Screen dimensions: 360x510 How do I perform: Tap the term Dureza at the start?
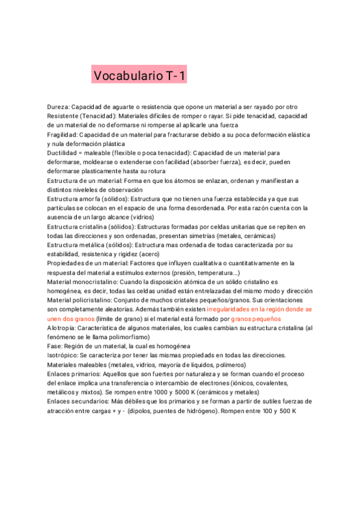pyautogui.click(x=58, y=106)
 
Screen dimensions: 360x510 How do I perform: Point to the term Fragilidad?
pyautogui.click(x=63, y=135)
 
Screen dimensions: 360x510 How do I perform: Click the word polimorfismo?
pyautogui.click(x=123, y=336)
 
